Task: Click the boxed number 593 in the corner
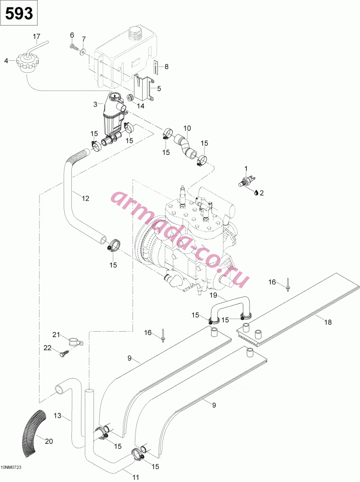click(x=19, y=13)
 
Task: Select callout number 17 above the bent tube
click(x=37, y=37)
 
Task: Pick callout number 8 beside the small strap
click(x=167, y=67)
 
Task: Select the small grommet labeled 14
click(x=130, y=98)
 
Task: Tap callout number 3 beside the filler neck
click(x=95, y=105)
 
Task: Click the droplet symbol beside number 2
click(x=256, y=193)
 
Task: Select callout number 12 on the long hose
click(x=85, y=199)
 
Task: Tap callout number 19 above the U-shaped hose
click(x=213, y=296)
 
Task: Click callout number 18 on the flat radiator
click(x=328, y=322)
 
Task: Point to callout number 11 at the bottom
click(x=135, y=477)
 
